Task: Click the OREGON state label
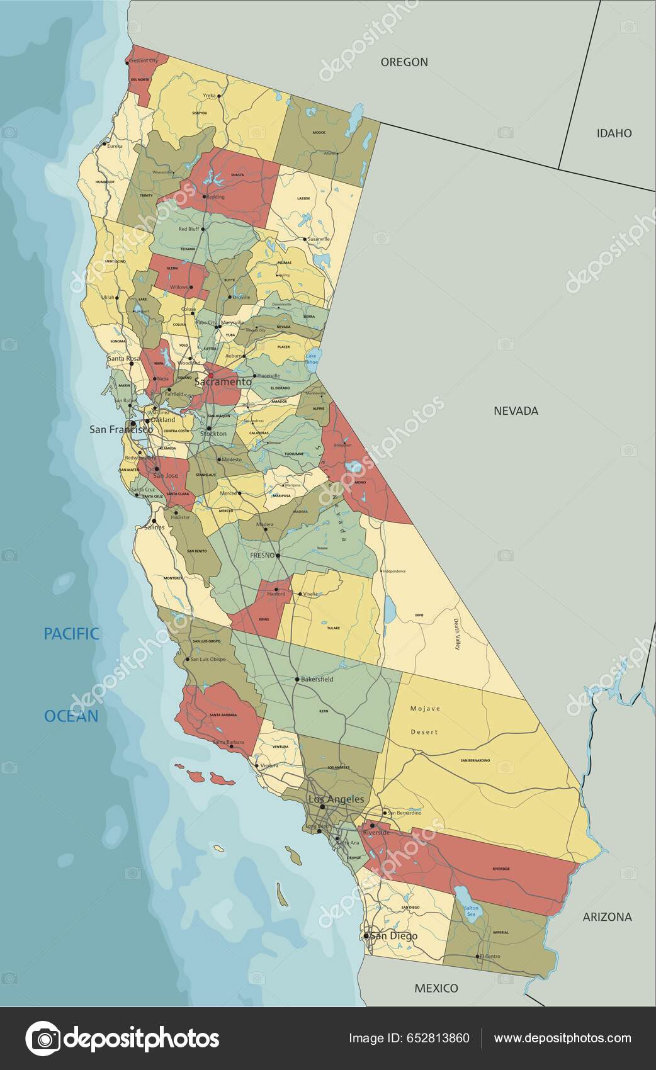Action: (404, 62)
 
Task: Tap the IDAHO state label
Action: (614, 133)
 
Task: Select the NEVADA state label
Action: (516, 411)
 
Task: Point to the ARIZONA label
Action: (607, 916)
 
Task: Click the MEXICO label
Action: (436, 988)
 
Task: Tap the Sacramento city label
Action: (223, 382)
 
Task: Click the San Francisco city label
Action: (121, 429)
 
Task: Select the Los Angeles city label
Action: (336, 799)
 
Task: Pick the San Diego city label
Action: (393, 936)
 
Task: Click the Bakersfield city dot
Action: (297, 680)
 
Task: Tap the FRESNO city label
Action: (263, 556)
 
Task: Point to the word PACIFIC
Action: (71, 634)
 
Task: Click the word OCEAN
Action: (71, 716)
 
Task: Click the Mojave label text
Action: (425, 709)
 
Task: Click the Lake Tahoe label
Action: (312, 359)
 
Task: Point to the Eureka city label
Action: (115, 146)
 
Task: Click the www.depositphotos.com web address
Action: (562, 1038)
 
